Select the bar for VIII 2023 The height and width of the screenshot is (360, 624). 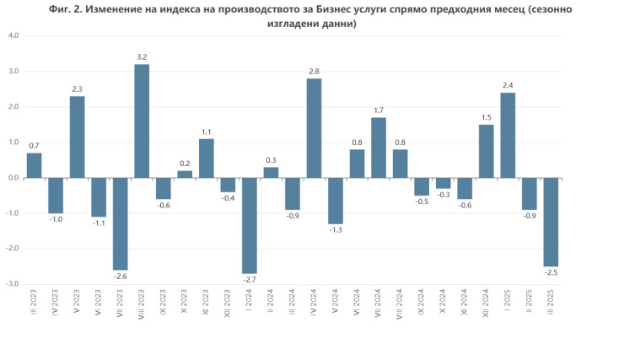[142, 121]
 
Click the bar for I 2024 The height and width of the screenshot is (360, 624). [250, 225]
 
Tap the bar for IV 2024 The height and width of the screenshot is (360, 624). [315, 128]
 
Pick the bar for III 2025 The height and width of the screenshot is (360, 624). [551, 222]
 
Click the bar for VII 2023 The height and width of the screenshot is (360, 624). [121, 223]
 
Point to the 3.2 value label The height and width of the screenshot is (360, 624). [142, 56]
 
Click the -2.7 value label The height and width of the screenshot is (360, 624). [250, 280]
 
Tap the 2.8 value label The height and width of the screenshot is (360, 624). [315, 71]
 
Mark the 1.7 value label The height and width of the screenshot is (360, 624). [379, 110]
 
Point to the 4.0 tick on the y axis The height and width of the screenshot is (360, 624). [13, 36]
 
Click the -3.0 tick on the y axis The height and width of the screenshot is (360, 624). [13, 284]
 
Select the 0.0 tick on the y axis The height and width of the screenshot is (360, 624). [13, 178]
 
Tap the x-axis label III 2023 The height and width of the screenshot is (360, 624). [35, 301]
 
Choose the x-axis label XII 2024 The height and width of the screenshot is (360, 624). [487, 302]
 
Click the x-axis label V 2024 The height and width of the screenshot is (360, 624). [336, 301]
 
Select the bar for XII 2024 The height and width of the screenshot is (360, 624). [487, 151]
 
